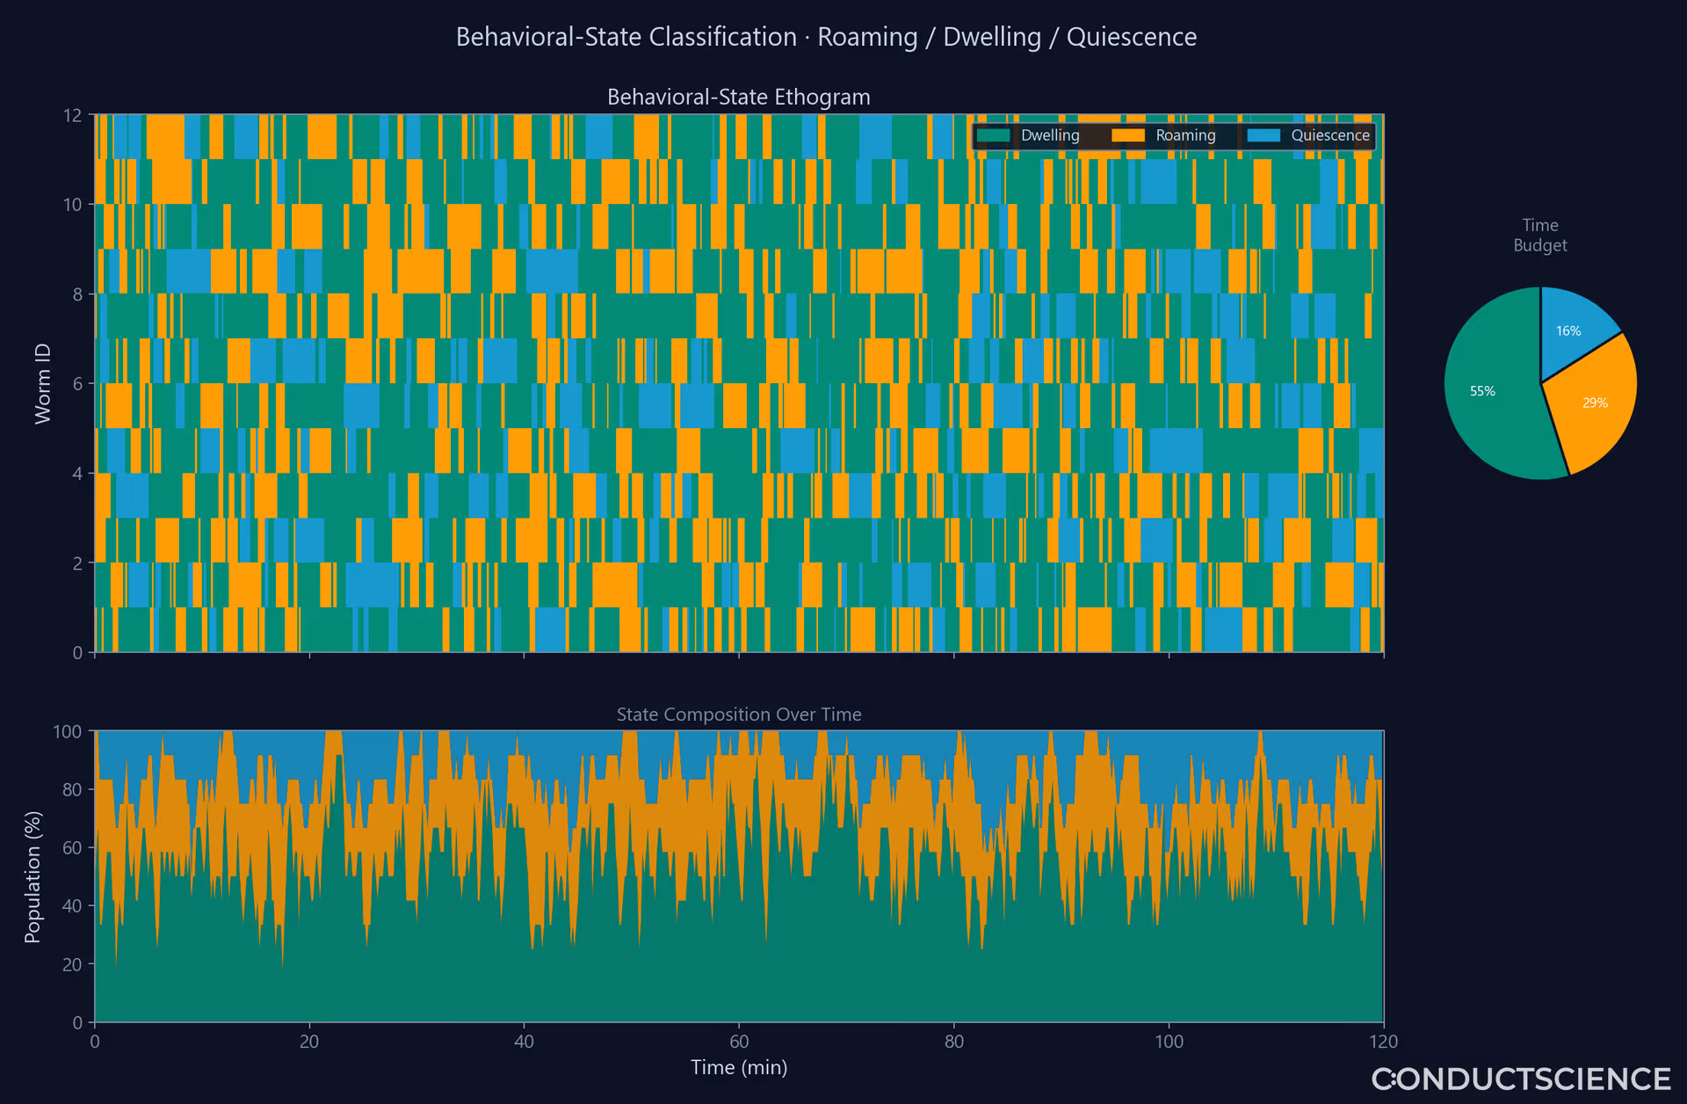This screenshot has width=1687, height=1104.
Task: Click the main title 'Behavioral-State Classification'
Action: click(626, 37)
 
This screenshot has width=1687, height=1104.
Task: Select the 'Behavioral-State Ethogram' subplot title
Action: click(739, 97)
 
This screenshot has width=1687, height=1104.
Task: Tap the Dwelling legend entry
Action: click(1029, 135)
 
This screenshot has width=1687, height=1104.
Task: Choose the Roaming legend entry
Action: click(1164, 135)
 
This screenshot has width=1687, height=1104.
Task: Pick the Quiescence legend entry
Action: click(1309, 135)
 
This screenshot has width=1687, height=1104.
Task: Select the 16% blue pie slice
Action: click(1573, 325)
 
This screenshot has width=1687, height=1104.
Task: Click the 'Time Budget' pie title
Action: click(1540, 236)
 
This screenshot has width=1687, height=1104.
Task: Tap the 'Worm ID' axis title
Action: click(43, 383)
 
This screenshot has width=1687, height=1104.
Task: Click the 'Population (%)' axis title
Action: click(33, 876)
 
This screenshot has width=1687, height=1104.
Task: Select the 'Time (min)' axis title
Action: click(739, 1067)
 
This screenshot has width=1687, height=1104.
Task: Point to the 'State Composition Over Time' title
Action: click(739, 715)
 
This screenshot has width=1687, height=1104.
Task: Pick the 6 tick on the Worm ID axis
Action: click(78, 383)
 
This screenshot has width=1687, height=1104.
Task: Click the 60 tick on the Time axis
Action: click(739, 1042)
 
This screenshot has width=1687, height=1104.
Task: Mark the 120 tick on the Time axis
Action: click(1383, 1042)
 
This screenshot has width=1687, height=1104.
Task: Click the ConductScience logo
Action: click(1522, 1079)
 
